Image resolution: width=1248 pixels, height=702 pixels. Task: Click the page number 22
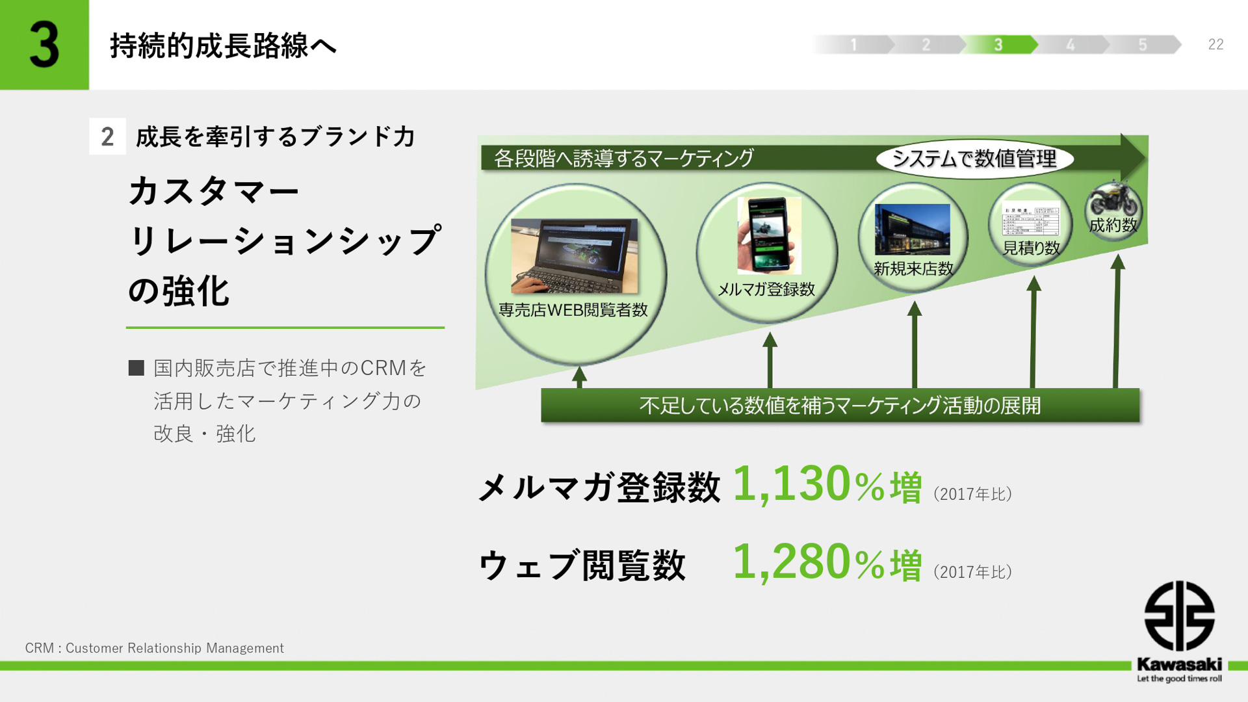pos(1215,44)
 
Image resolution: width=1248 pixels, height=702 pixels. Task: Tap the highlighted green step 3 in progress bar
pos(998,44)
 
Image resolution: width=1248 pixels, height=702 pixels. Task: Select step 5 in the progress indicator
pos(1143,44)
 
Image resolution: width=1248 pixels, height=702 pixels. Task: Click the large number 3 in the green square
pos(44,44)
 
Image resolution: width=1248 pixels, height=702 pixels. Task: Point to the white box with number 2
pos(107,136)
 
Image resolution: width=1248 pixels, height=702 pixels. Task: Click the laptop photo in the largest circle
pos(574,255)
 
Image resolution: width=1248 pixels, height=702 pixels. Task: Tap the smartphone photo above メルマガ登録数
pos(769,235)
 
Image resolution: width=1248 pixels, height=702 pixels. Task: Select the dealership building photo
pos(912,229)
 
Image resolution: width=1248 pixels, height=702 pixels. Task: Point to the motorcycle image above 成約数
pos(1114,200)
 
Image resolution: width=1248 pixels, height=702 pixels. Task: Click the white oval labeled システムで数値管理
pos(974,159)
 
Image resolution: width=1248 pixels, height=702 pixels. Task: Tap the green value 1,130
pos(791,484)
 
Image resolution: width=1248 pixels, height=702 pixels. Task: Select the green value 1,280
pos(791,562)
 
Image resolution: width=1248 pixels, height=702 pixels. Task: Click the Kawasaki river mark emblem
pos(1179,616)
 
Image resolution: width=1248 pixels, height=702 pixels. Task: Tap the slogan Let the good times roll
pos(1179,679)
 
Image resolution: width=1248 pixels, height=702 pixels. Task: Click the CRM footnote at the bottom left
pos(154,648)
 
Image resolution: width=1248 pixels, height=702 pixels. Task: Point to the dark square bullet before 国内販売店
pos(136,368)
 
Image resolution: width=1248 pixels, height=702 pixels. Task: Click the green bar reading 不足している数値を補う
pos(840,406)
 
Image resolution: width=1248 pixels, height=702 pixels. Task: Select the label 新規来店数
pos(913,268)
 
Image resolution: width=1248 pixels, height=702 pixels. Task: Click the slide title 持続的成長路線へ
pos(223,45)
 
